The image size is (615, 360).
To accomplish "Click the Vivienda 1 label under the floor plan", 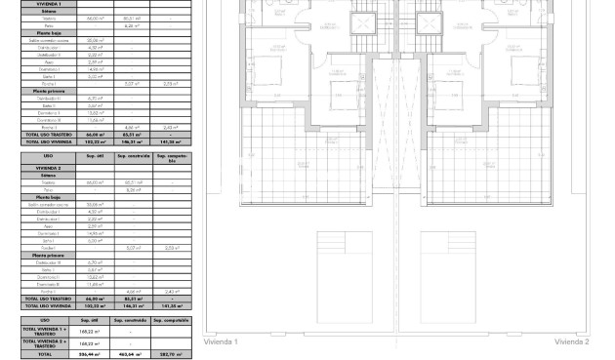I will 222,342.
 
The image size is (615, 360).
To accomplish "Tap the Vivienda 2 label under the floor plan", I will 572,342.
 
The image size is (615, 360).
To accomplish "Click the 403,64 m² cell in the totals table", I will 130,354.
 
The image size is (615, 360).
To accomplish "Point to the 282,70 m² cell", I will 171,354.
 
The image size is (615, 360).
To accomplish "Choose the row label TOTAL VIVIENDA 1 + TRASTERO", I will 45,332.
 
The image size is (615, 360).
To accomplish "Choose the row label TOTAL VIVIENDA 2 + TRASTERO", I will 45,343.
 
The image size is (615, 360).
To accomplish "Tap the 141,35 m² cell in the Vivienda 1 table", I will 171,142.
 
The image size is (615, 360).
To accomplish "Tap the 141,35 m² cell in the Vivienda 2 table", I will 171,305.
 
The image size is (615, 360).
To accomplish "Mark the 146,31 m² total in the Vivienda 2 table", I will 130,305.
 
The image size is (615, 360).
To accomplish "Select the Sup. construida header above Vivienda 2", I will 130,155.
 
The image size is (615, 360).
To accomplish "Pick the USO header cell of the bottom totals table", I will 45,319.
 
